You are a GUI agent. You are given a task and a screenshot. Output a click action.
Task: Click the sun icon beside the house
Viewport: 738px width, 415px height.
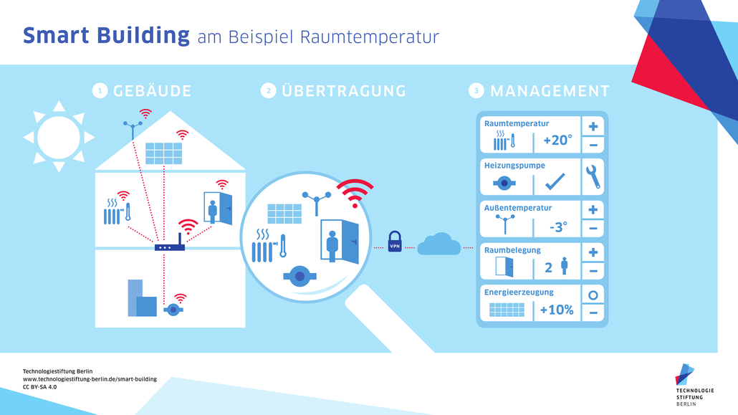(59, 136)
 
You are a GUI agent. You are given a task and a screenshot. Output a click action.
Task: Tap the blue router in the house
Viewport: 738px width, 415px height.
(170, 247)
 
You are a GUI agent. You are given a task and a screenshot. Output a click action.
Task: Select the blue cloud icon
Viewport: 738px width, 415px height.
(439, 244)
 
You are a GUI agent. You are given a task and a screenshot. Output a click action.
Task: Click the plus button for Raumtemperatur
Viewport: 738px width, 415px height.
(593, 127)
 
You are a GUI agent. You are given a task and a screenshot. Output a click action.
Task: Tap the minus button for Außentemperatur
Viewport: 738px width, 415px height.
(593, 229)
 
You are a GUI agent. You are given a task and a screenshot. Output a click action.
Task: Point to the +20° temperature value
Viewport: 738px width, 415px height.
(557, 140)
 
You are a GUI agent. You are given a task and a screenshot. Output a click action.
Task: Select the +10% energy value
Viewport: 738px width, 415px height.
(557, 310)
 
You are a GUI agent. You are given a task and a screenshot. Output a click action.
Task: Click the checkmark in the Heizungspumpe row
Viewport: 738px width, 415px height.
(555, 183)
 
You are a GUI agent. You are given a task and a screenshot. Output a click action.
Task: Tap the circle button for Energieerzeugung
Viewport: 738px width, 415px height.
(593, 295)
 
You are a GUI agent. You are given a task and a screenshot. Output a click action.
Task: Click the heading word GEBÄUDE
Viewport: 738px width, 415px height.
(152, 91)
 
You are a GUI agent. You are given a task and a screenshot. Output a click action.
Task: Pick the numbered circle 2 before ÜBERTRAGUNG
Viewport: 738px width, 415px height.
(268, 91)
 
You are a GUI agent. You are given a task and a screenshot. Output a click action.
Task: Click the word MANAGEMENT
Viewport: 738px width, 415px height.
(550, 91)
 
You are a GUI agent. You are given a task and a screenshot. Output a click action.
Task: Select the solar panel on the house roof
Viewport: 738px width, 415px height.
(164, 153)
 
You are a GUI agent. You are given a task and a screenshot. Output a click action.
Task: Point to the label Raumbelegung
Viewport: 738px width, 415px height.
(512, 250)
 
